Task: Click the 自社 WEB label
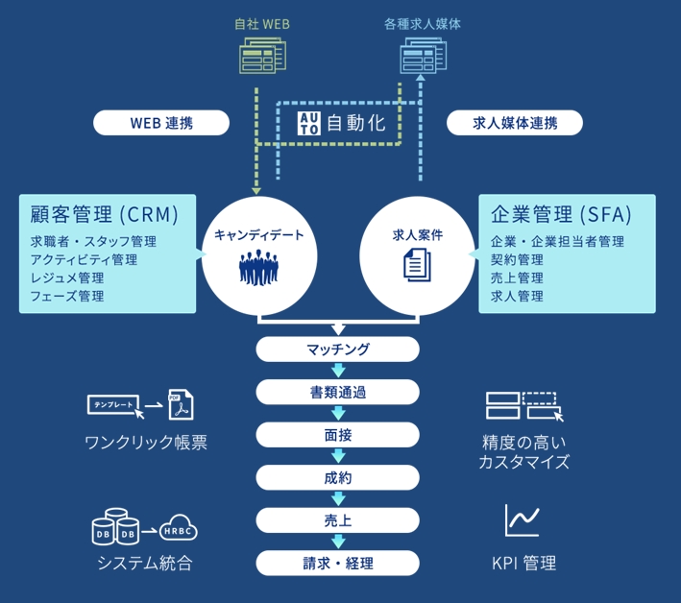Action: pyautogui.click(x=263, y=23)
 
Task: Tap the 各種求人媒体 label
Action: pyautogui.click(x=422, y=23)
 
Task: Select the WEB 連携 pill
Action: pyautogui.click(x=161, y=123)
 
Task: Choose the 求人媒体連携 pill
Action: pyautogui.click(x=515, y=123)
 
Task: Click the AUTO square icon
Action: pyautogui.click(x=309, y=123)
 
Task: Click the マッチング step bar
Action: pyautogui.click(x=338, y=350)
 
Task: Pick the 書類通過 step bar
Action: pyautogui.click(x=338, y=392)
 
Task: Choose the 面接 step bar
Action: pyautogui.click(x=338, y=434)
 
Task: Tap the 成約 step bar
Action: pyautogui.click(x=338, y=477)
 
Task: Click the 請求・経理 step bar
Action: pyautogui.click(x=338, y=563)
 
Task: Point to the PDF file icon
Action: pyautogui.click(x=180, y=406)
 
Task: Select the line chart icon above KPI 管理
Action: pyautogui.click(x=523, y=520)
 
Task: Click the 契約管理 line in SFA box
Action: pyautogui.click(x=517, y=259)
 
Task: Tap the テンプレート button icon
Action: pyautogui.click(x=113, y=405)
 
